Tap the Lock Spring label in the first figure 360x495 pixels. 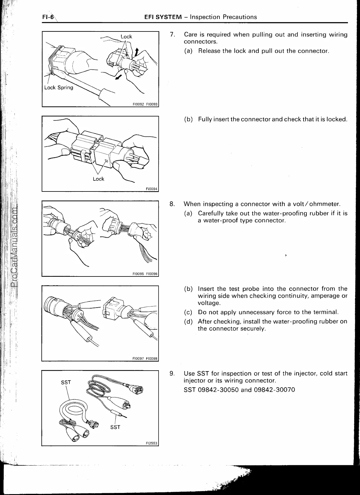point(59,87)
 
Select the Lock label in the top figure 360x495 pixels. point(126,36)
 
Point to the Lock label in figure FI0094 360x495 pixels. point(98,179)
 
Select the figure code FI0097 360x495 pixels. point(138,359)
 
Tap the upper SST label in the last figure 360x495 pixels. point(66,382)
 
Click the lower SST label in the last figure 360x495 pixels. point(115,427)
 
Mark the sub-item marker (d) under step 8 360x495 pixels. point(188,321)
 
